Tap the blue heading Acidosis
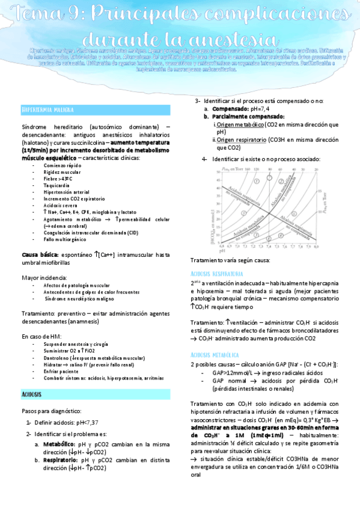click(x=31, y=393)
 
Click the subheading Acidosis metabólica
click(x=215, y=355)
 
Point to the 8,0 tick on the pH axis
click(x=317, y=247)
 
